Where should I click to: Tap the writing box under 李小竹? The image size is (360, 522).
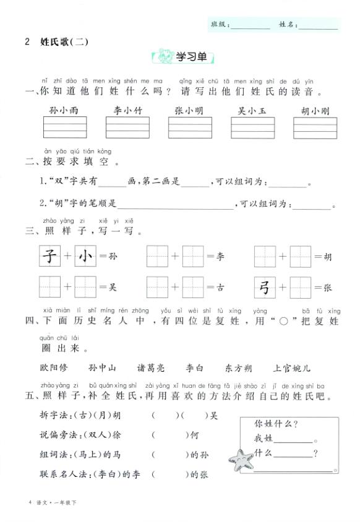coord(127,127)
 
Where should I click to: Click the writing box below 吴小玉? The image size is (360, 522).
coord(252,127)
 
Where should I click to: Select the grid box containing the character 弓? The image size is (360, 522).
coord(264,287)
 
